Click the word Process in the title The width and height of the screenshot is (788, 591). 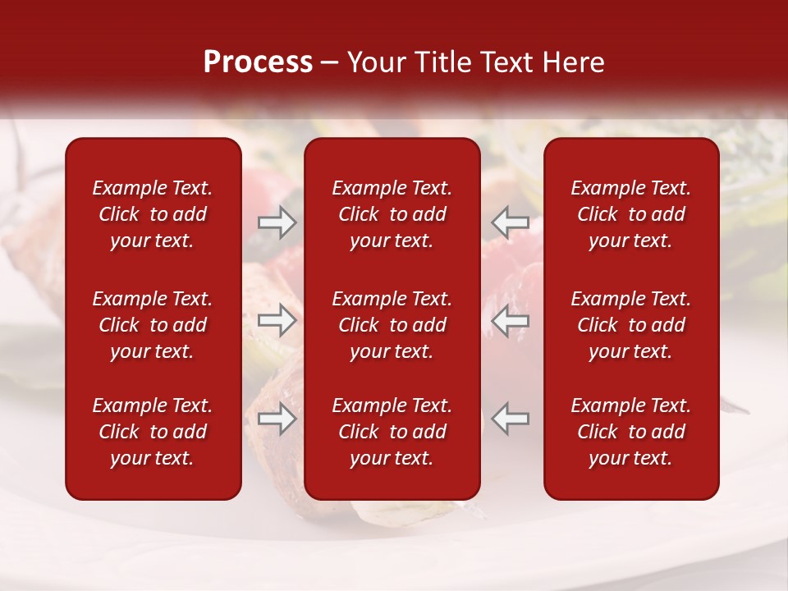pyautogui.click(x=258, y=62)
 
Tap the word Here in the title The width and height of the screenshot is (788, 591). pyautogui.click(x=572, y=62)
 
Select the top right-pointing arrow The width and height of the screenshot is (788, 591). pyautogui.click(x=277, y=222)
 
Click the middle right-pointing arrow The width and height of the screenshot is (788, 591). pyautogui.click(x=277, y=321)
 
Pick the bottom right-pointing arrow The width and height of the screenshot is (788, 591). pyautogui.click(x=277, y=419)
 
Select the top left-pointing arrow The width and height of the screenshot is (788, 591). pyautogui.click(x=510, y=222)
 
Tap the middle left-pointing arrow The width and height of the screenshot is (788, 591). pyautogui.click(x=510, y=321)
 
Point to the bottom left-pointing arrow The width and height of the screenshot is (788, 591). pyautogui.click(x=510, y=419)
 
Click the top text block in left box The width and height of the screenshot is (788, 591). pyautogui.click(x=153, y=214)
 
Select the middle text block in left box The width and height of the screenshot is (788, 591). pyautogui.click(x=153, y=325)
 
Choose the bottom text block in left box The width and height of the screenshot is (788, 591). pyautogui.click(x=153, y=432)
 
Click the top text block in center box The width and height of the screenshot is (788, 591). pyautogui.click(x=392, y=214)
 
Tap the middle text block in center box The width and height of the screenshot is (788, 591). pyautogui.click(x=392, y=325)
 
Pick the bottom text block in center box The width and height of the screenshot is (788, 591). pyautogui.click(x=392, y=432)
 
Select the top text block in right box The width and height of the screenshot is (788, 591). pyautogui.click(x=630, y=214)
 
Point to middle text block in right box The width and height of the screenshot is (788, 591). pyautogui.click(x=630, y=325)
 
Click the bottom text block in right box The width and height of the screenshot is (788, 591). pyautogui.click(x=630, y=432)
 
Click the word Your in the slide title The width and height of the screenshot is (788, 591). pyautogui.click(x=374, y=62)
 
